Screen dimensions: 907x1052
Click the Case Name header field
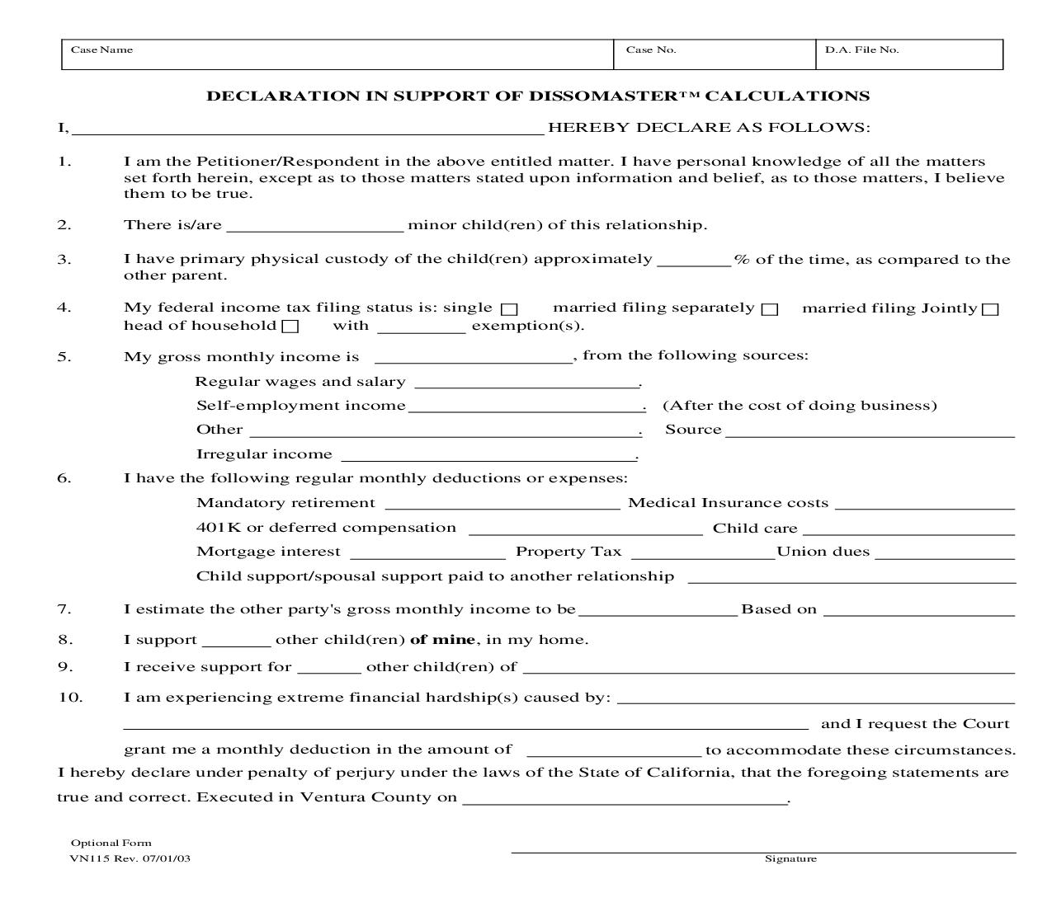(337, 54)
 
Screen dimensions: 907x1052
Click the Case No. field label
(651, 49)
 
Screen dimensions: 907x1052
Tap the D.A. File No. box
(909, 54)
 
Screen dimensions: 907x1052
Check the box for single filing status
(510, 309)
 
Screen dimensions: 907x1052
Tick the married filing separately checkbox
(770, 309)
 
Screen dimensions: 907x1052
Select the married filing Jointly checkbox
(991, 309)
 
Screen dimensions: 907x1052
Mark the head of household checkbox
(290, 327)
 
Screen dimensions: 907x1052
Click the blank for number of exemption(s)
(422, 327)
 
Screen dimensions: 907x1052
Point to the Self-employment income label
(301, 406)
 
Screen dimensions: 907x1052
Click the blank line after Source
(870, 430)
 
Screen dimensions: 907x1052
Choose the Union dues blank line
(944, 552)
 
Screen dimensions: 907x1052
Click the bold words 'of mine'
(442, 640)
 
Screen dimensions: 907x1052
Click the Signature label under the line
(790, 859)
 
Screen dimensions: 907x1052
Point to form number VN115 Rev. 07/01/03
(130, 858)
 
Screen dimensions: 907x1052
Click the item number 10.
(71, 698)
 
